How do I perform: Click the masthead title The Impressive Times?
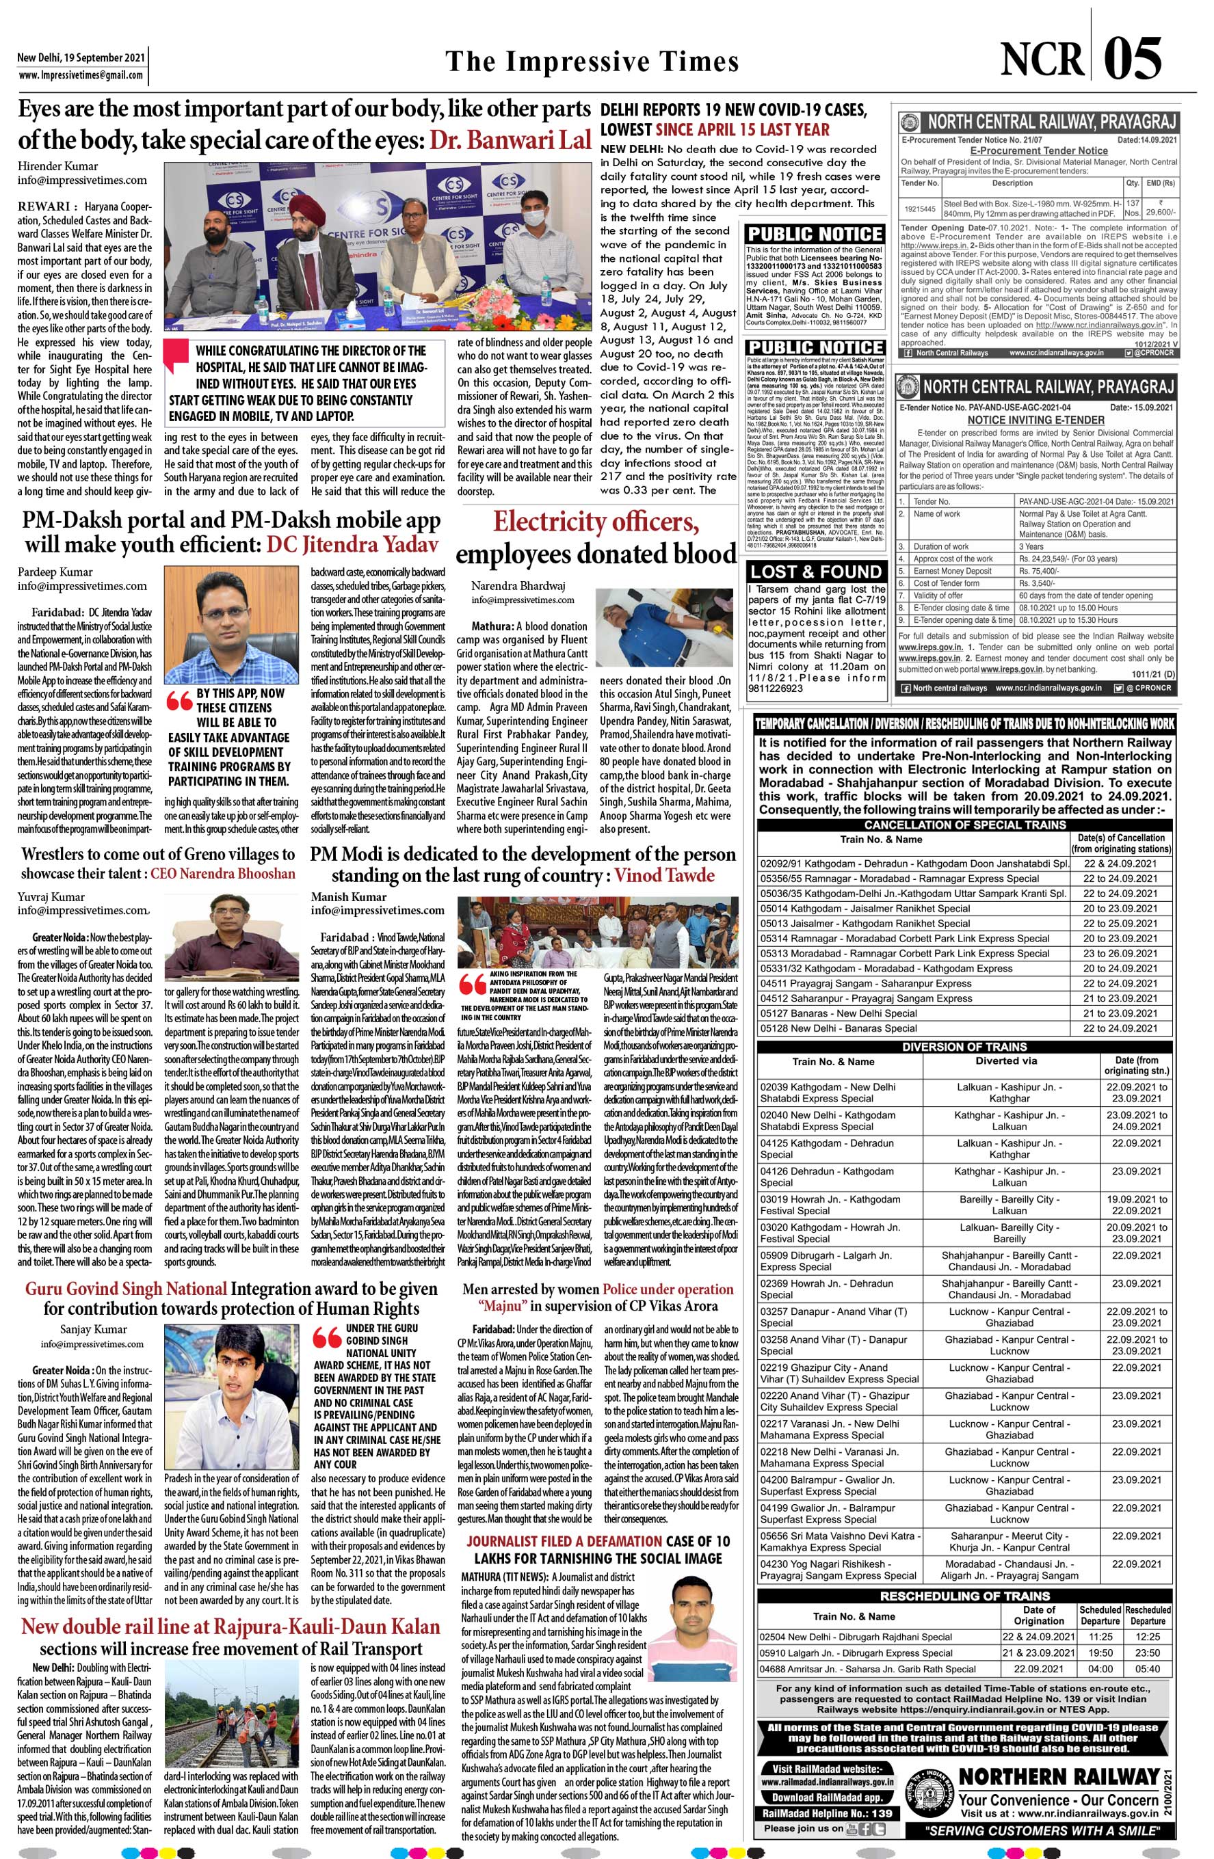[x=592, y=61]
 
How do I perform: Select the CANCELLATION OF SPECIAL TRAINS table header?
[x=964, y=825]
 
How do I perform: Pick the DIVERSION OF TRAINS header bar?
[x=964, y=1047]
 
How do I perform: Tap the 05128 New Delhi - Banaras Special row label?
[x=839, y=1027]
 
